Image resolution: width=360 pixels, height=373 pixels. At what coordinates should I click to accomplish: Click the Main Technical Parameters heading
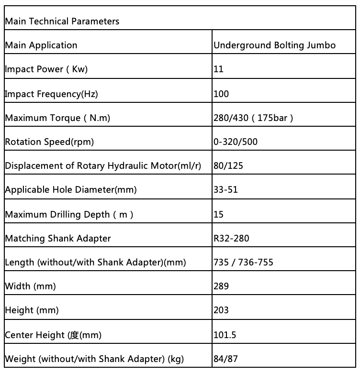click(62, 22)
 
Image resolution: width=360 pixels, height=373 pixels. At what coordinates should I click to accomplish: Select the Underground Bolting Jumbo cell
click(274, 45)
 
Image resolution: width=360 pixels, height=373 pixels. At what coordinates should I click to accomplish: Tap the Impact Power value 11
click(219, 69)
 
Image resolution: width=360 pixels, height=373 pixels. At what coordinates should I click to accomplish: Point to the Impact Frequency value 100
click(221, 94)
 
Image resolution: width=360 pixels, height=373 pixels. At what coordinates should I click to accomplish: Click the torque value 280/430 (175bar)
click(253, 118)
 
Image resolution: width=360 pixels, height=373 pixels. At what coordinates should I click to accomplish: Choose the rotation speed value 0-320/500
click(236, 142)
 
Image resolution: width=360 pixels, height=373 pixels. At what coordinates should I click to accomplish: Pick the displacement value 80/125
click(227, 166)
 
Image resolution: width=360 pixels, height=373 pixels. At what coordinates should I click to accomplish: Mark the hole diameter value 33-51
click(225, 190)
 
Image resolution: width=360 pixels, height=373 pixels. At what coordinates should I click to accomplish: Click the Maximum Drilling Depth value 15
click(219, 214)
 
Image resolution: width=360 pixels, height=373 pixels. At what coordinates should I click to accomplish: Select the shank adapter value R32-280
click(231, 238)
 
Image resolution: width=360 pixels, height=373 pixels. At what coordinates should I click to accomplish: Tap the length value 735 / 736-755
click(244, 262)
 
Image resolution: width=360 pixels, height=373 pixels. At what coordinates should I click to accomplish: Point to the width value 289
click(221, 286)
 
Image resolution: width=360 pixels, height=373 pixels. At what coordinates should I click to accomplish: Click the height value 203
click(221, 310)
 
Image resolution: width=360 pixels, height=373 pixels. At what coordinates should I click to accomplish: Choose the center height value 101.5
click(225, 335)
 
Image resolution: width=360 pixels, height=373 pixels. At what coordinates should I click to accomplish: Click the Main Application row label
click(41, 45)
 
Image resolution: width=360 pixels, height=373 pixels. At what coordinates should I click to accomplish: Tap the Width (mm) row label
click(30, 286)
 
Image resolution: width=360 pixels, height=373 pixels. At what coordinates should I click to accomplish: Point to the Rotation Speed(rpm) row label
click(49, 142)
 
